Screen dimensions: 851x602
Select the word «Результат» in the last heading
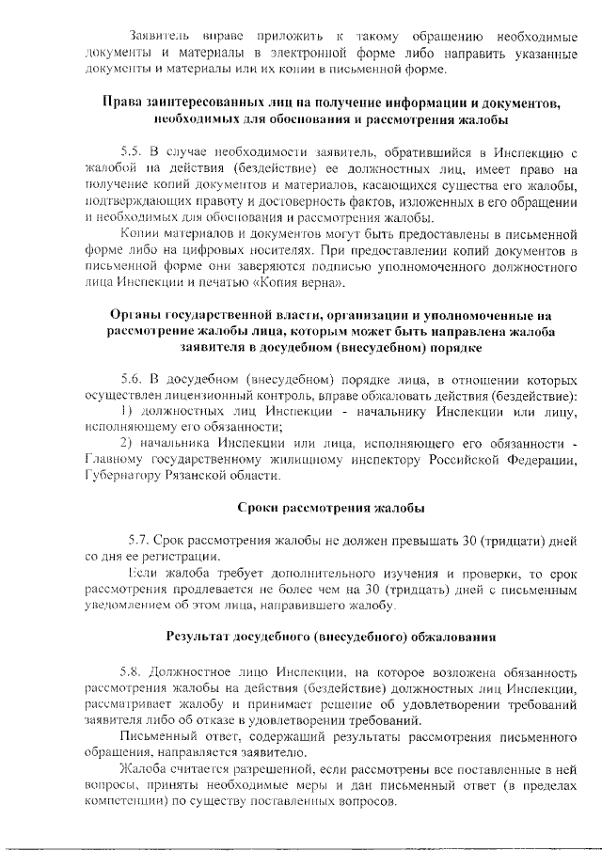click(202, 637)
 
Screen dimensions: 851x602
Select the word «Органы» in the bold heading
click(137, 315)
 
